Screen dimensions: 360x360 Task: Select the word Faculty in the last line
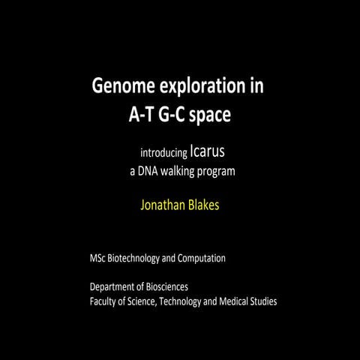103,301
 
